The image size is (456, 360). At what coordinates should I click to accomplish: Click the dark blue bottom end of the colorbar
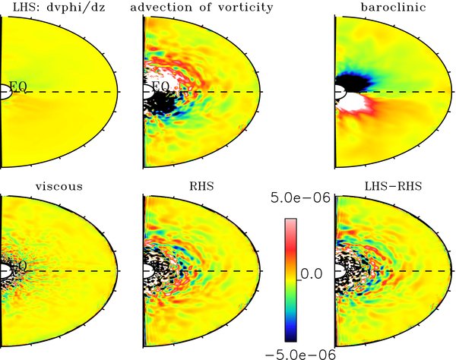pos(291,333)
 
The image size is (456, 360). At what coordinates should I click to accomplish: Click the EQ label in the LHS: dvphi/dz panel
pos(17,87)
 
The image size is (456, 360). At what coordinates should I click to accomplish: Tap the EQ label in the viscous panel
pos(17,266)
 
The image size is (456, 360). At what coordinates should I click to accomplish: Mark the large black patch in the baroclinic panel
pos(353,81)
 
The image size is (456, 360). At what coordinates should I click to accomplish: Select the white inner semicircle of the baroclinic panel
pos(340,92)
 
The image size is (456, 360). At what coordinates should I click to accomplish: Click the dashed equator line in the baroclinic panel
pos(410,92)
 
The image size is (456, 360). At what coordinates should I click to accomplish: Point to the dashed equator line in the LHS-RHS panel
pos(410,270)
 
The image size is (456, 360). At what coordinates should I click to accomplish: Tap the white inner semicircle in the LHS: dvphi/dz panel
pos(5,92)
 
